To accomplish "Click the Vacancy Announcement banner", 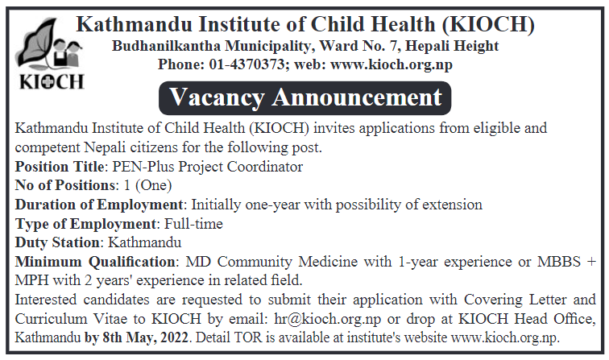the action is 304,98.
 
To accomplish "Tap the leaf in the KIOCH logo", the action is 34,43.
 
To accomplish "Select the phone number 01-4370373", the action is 247,64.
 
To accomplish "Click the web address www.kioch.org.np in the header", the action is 391,64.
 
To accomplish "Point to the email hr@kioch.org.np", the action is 327,319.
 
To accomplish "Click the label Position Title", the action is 60,167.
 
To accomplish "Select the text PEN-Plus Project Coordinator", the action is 207,167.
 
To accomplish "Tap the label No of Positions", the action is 65,185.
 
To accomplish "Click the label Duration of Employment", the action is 98,205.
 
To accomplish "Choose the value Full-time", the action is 193,224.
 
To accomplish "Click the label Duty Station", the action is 57,242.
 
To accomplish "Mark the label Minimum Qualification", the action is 95,262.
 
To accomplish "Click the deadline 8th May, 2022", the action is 145,337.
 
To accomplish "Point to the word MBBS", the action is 559,262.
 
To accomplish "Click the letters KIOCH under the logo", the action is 52,82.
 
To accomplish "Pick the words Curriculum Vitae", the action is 71,319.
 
